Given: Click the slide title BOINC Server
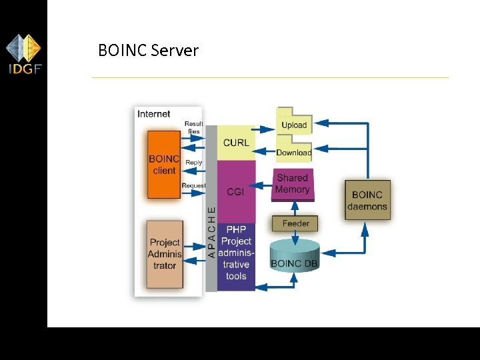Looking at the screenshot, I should [148, 51].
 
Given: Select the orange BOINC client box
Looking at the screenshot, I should [164, 165].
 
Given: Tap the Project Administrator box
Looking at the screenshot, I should [165, 254].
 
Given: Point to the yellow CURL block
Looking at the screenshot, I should [236, 142].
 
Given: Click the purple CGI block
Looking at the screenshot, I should [235, 191].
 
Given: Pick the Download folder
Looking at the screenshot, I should [294, 151].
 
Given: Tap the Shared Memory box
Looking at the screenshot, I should [293, 184].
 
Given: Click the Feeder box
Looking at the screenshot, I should [295, 223].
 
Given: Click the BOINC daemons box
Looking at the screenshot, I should [367, 200].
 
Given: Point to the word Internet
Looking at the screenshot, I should [154, 114].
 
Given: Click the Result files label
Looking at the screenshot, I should [194, 127].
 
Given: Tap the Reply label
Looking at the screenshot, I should [194, 162].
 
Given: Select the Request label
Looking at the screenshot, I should [194, 185].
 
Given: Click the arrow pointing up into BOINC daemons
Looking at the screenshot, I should [365, 230].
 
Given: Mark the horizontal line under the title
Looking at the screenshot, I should [270, 78].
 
